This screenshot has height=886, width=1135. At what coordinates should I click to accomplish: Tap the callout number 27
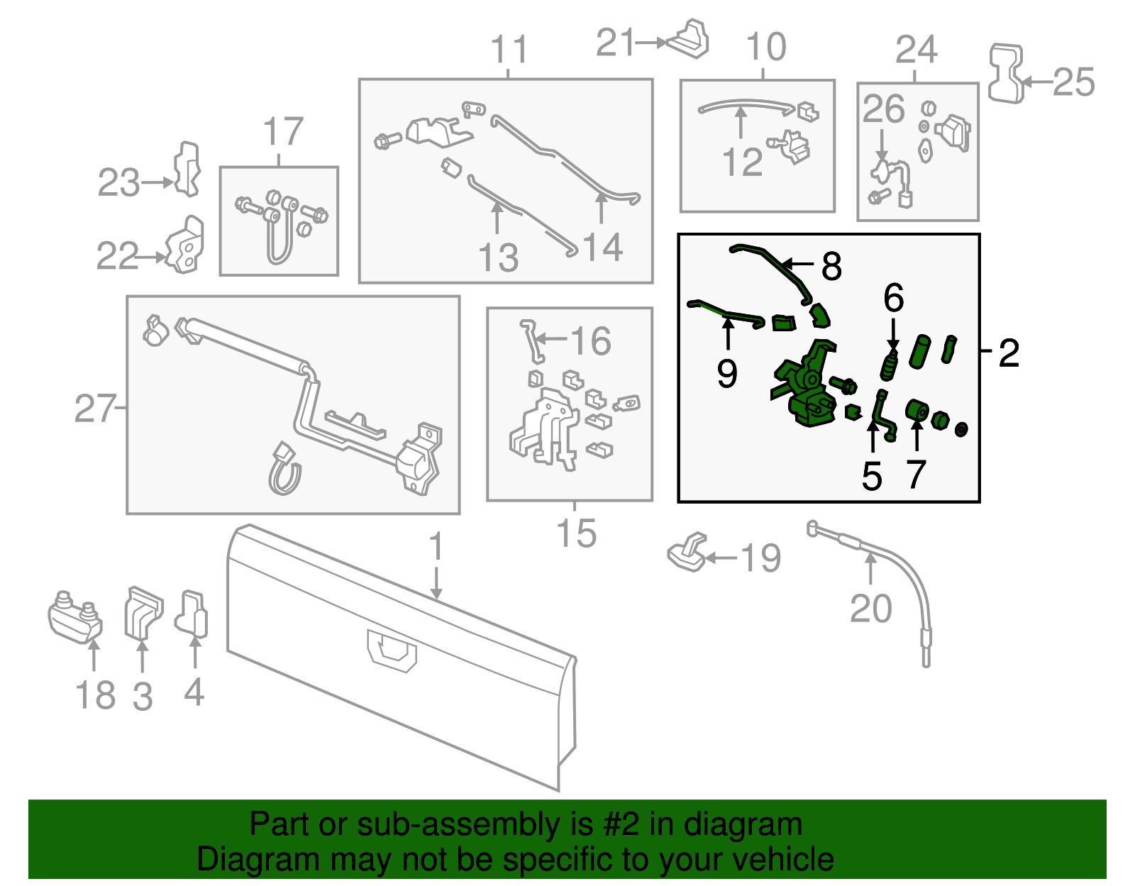(x=94, y=409)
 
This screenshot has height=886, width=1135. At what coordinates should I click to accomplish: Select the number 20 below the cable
(x=870, y=608)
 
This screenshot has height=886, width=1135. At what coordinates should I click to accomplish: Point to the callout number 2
(x=1009, y=353)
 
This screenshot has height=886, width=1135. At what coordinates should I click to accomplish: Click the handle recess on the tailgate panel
(x=391, y=650)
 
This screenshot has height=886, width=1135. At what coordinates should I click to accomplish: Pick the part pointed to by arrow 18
(x=74, y=617)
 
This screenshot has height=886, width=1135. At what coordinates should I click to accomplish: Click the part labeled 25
(x=1005, y=74)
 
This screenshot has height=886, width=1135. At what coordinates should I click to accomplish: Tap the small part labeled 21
(x=688, y=39)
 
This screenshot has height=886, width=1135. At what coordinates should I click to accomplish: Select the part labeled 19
(x=687, y=553)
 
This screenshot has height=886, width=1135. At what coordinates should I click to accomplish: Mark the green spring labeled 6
(x=890, y=366)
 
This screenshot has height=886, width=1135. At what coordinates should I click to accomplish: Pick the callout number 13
(x=498, y=258)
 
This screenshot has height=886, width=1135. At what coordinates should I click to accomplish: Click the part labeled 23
(x=187, y=169)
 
